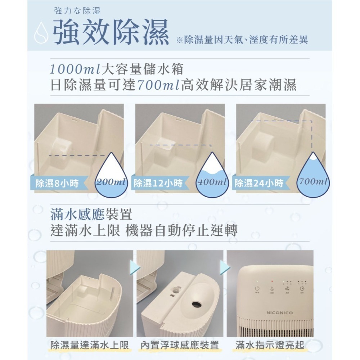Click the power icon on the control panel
pos(257,288)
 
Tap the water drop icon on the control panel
pos(272,289)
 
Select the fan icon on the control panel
pos(287,289)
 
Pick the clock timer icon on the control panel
pos(302,288)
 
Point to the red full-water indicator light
pos(272,281)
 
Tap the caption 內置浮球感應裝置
pos(180,346)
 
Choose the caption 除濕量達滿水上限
pos(90,346)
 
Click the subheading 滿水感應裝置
pos(91,215)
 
